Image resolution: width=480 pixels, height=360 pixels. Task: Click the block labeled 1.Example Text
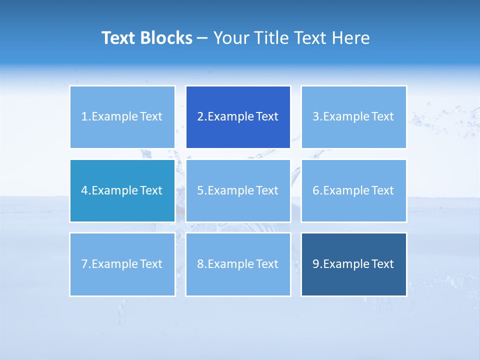click(122, 117)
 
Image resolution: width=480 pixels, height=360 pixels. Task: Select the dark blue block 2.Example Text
click(238, 117)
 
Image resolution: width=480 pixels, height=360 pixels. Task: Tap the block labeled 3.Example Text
click(353, 117)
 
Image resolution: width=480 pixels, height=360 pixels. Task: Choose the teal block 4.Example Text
click(122, 190)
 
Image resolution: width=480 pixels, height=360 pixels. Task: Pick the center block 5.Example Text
click(238, 190)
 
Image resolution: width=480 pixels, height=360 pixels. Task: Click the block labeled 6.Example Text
click(353, 190)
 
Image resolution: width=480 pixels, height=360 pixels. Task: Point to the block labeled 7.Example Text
click(122, 264)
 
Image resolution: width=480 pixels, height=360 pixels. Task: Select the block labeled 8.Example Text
click(238, 264)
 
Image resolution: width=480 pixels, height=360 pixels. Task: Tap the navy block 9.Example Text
click(353, 264)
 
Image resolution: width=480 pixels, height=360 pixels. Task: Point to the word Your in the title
click(231, 38)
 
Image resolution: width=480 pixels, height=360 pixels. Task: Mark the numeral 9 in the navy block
click(316, 264)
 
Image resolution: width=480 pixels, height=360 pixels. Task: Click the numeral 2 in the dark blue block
click(200, 117)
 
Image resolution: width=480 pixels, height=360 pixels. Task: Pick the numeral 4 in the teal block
click(84, 190)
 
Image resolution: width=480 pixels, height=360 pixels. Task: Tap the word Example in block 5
click(230, 191)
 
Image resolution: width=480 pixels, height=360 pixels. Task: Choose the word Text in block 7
click(151, 264)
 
